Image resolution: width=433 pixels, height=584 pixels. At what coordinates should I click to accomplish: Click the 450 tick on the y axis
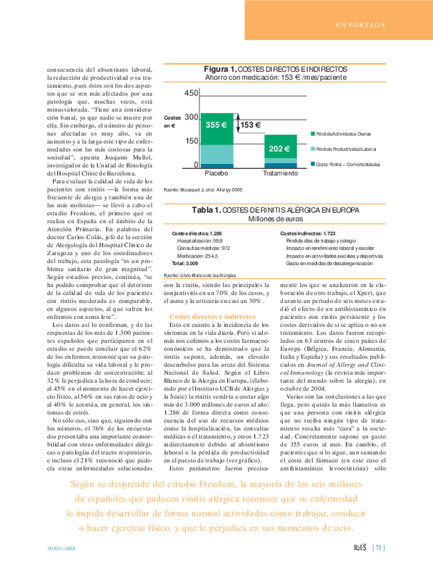click(191, 93)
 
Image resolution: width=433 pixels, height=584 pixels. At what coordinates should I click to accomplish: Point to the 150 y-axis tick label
click(191, 140)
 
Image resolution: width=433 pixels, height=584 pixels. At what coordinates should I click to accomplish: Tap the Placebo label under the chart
click(217, 174)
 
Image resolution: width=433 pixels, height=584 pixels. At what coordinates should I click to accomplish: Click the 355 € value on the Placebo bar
click(216, 125)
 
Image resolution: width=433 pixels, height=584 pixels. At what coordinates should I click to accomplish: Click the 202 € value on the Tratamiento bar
click(279, 149)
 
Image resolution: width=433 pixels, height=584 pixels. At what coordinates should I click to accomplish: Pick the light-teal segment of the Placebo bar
click(216, 153)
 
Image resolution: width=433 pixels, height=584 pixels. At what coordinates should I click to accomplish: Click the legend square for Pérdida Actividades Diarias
click(313, 133)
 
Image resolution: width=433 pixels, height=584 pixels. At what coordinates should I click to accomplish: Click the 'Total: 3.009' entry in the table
click(184, 263)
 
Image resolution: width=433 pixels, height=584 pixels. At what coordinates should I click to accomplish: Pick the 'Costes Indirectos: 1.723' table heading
click(308, 234)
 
